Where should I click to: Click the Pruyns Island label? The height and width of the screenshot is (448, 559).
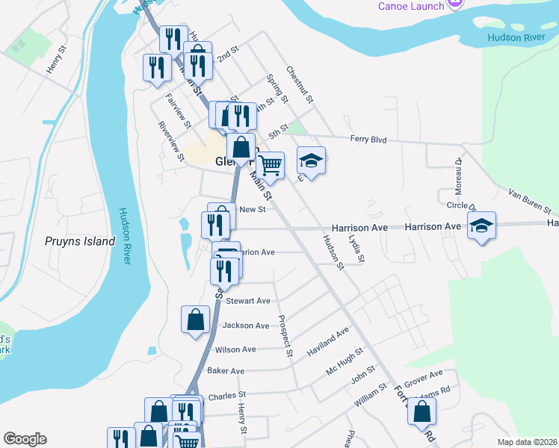pos(79,241)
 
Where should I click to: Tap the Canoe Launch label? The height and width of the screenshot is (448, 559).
pos(411,6)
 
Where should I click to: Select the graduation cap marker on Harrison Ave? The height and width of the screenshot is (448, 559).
pos(482,225)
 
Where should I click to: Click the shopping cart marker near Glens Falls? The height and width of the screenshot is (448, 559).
pos(271,164)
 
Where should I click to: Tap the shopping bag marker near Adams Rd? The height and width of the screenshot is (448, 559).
pos(422,411)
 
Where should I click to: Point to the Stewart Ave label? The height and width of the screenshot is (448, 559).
pos(248,301)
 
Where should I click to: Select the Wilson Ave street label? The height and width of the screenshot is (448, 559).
pos(235,349)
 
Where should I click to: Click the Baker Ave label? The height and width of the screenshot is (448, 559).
pos(226,371)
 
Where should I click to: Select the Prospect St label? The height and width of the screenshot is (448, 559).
pos(284,335)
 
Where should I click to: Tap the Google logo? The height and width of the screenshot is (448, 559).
pos(25,439)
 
